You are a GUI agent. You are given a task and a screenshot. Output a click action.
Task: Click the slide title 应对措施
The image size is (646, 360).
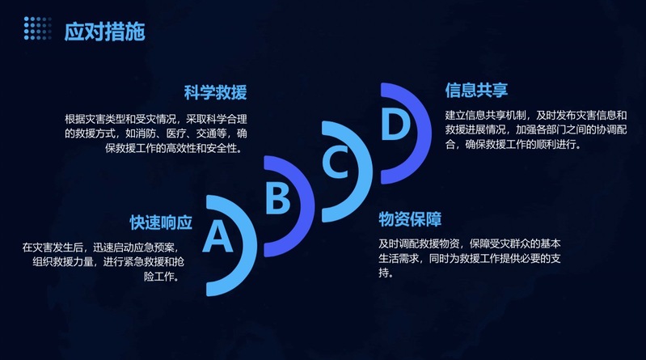pos(104,32)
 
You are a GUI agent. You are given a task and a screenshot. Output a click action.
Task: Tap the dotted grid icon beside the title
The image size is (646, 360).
pos(37,28)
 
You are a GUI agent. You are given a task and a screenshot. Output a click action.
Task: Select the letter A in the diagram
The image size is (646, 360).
pos(217,236)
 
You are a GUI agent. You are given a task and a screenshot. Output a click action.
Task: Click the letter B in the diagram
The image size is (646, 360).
pos(277,198)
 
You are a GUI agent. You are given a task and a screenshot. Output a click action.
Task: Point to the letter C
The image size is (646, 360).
pos(336,161)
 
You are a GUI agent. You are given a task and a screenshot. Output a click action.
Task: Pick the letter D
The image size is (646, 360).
pos(395,124)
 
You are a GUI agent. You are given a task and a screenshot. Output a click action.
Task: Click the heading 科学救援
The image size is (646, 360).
pos(216,92)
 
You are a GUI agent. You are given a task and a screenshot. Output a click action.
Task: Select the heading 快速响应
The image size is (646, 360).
pos(161,222)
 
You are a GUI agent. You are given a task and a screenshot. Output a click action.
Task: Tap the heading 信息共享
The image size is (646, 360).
pos(476,91)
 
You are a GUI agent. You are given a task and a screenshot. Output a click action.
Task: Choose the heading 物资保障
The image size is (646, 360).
pos(410,219)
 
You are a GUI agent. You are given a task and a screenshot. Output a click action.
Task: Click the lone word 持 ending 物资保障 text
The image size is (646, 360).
pos(383,273)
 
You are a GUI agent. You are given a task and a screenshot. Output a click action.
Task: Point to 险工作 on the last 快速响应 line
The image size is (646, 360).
pos(158,277)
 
